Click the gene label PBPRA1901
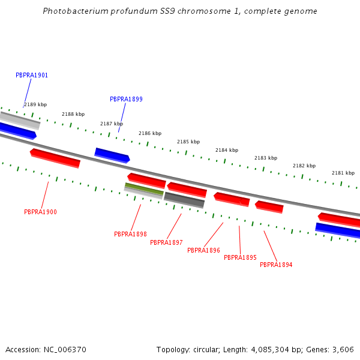32,76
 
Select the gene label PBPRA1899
126,100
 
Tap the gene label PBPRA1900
40,212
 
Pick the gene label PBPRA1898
130,235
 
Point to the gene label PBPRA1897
166,243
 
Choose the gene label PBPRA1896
203,251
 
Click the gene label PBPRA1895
240,258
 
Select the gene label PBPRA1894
276,265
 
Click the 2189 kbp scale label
35,105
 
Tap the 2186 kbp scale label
150,134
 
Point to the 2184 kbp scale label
227,151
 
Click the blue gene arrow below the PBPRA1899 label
112,155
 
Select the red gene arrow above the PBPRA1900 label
55,158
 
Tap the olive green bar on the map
144,188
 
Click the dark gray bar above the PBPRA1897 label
184,200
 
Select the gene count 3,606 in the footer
343,350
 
